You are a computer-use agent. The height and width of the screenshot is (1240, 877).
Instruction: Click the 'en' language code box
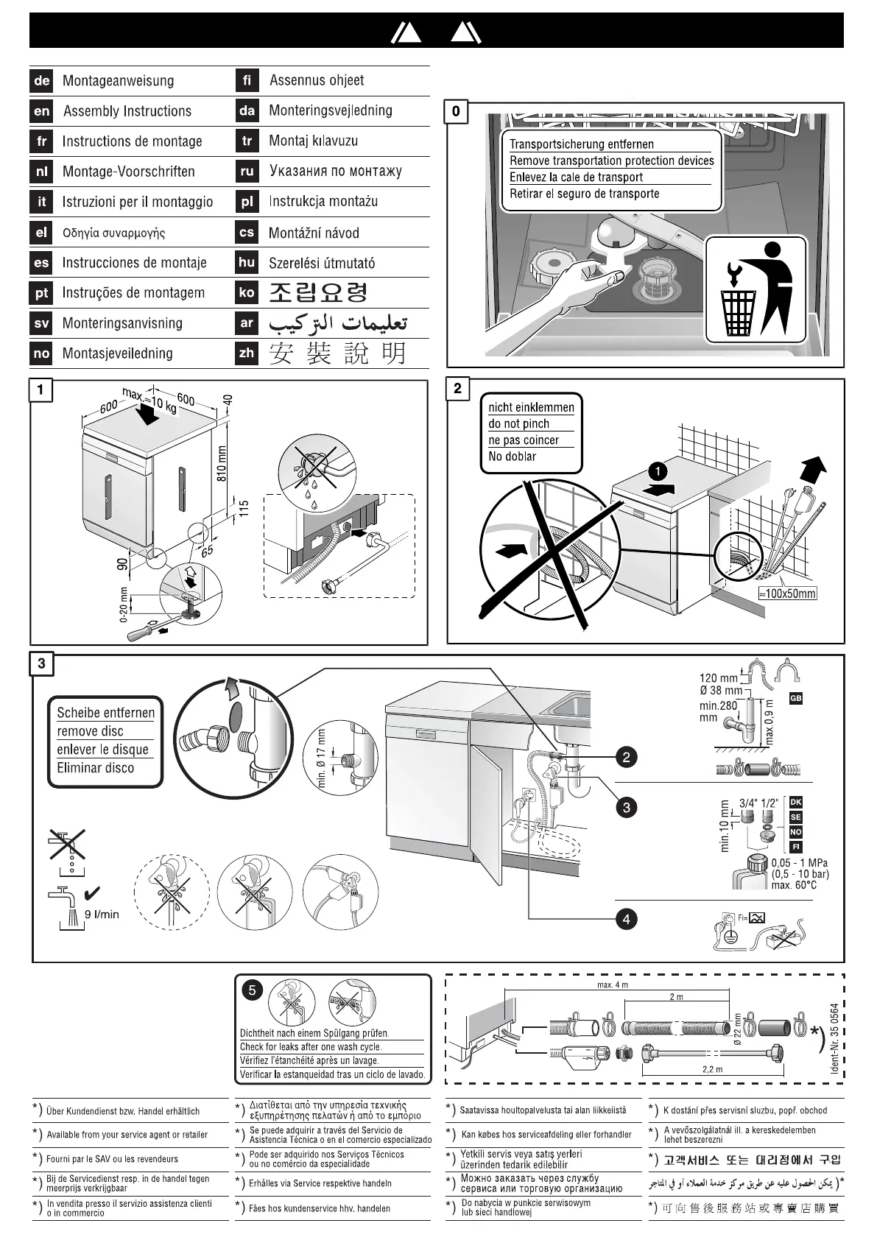click(x=41, y=111)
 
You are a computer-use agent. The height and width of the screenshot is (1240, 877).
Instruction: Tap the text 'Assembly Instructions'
click(x=127, y=111)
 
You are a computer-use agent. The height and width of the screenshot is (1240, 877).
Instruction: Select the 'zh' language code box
click(x=247, y=353)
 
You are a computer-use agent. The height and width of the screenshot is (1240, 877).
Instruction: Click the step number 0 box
click(x=456, y=111)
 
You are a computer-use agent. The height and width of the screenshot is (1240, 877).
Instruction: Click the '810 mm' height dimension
click(x=222, y=464)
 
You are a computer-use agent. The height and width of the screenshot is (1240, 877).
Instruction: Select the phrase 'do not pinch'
click(x=519, y=423)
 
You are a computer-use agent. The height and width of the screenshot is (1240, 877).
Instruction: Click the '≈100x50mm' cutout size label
click(x=787, y=593)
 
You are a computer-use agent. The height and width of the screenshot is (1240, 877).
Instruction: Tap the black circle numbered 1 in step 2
click(x=657, y=470)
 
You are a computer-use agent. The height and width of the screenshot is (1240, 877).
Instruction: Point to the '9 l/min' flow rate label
click(x=102, y=914)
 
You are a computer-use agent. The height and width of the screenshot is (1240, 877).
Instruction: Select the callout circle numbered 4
click(x=626, y=919)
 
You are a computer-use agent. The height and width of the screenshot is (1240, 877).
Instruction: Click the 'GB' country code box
click(x=795, y=697)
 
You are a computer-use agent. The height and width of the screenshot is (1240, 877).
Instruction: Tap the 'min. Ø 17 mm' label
click(x=321, y=758)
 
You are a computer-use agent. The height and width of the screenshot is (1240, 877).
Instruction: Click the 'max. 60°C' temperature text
click(x=794, y=885)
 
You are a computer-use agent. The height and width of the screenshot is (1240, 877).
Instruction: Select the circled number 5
click(x=252, y=990)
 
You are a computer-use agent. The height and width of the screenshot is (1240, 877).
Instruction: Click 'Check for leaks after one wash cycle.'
click(x=311, y=1046)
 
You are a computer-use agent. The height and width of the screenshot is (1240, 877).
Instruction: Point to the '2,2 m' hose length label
click(x=713, y=1068)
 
